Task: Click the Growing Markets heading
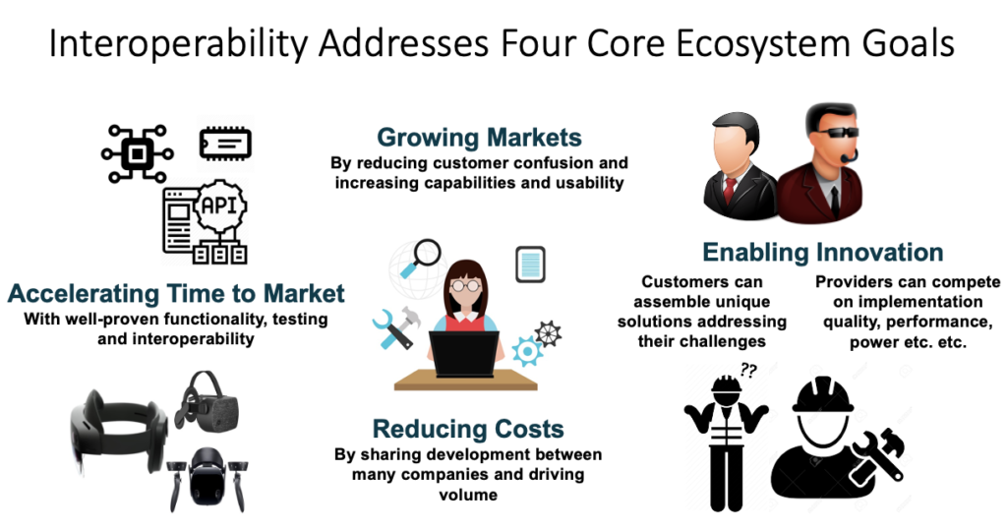pos(479,138)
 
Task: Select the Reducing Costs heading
pos(468,429)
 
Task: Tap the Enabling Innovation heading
pos(823,253)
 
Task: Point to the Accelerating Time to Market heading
pos(176,293)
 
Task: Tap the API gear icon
pos(220,206)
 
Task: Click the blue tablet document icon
pos(530,265)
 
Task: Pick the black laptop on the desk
pos(464,354)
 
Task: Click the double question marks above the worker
pos(748,370)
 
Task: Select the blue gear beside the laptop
pos(527,351)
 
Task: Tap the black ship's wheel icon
pos(548,334)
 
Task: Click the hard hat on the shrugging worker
pos(727,384)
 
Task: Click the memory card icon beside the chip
pos(225,144)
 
